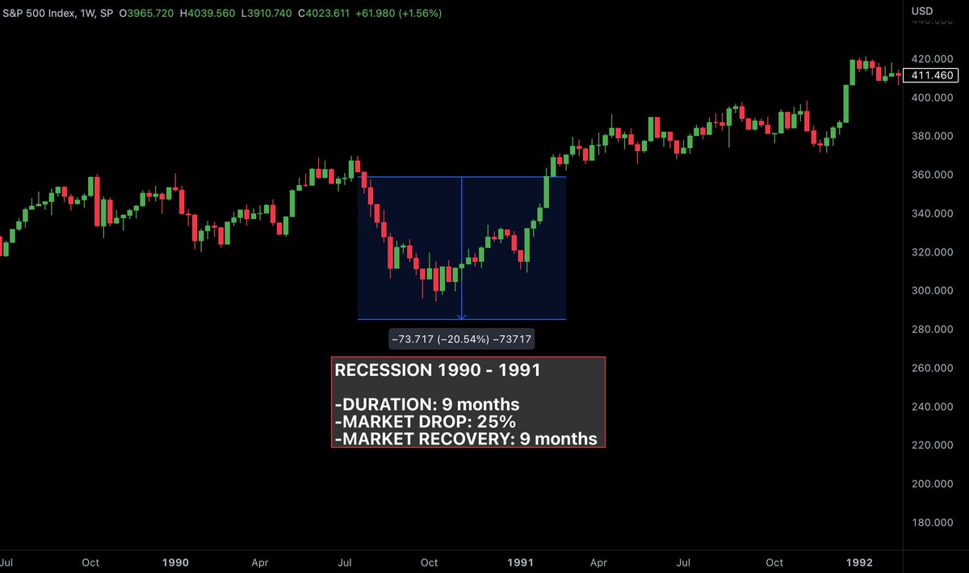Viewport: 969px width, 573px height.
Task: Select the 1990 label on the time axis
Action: point(175,562)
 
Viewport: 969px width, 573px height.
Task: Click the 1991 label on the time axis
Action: point(521,562)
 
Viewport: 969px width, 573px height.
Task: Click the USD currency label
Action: point(922,11)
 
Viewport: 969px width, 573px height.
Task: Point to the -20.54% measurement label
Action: point(461,340)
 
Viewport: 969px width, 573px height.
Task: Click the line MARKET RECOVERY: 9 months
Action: point(465,439)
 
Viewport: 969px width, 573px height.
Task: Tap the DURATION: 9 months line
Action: point(426,404)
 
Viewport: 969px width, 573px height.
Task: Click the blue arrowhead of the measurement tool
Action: point(461,317)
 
